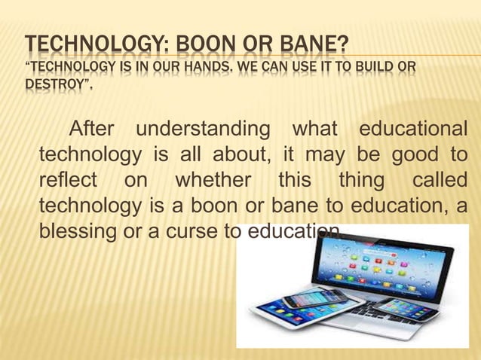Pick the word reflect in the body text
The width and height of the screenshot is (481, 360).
pyautogui.click(x=68, y=181)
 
